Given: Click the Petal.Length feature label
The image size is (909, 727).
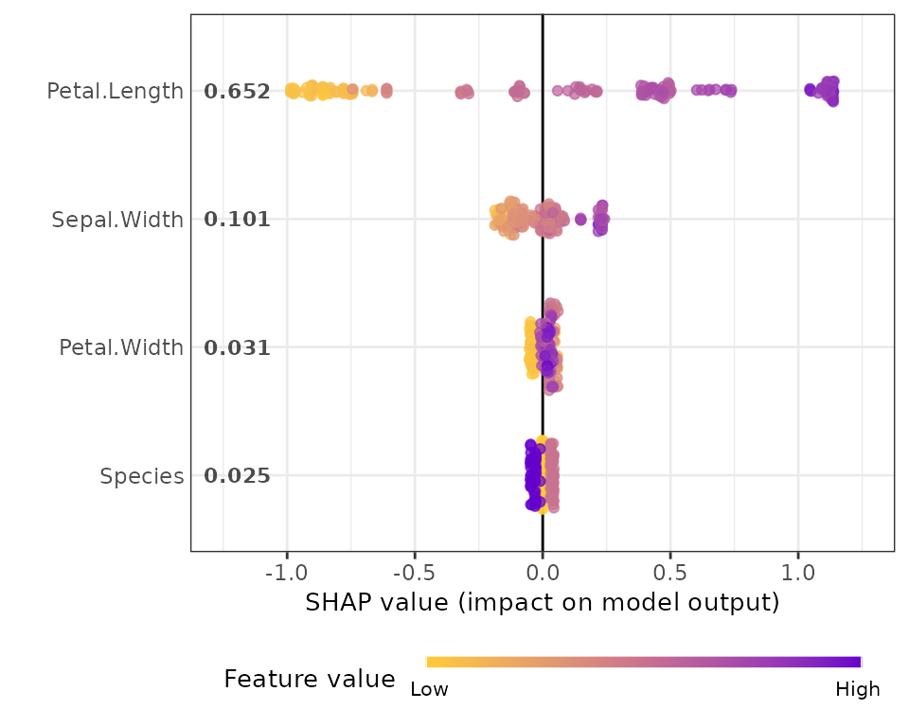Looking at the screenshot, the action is (x=115, y=92).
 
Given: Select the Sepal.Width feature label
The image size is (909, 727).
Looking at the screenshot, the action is (x=117, y=221).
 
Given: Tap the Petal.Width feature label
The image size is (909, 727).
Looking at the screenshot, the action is (x=121, y=347).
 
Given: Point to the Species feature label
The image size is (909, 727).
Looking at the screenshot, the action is (x=141, y=476).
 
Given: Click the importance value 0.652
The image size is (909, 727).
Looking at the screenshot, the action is (x=237, y=92).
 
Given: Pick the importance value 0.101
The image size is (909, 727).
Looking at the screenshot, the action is (x=237, y=220).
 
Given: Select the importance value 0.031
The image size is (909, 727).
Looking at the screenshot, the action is (x=237, y=347).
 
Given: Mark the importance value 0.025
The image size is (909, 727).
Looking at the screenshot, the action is (x=237, y=476).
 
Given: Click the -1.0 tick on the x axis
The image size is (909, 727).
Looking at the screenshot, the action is (x=286, y=573).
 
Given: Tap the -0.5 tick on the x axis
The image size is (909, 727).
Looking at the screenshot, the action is (x=414, y=573).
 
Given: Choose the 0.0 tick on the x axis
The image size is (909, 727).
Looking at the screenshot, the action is (x=543, y=573).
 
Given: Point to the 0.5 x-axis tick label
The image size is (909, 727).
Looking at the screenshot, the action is (x=670, y=573).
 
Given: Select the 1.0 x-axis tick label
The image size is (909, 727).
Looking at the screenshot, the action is (x=798, y=573).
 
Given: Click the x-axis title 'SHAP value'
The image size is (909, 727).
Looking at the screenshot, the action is (x=377, y=603).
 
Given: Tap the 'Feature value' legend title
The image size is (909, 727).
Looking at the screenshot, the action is (x=310, y=679).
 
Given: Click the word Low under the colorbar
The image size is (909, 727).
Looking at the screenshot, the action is (x=430, y=689).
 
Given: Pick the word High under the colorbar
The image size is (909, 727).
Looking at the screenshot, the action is (x=858, y=689).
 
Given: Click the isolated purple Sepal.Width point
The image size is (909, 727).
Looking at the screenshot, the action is (x=580, y=220).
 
